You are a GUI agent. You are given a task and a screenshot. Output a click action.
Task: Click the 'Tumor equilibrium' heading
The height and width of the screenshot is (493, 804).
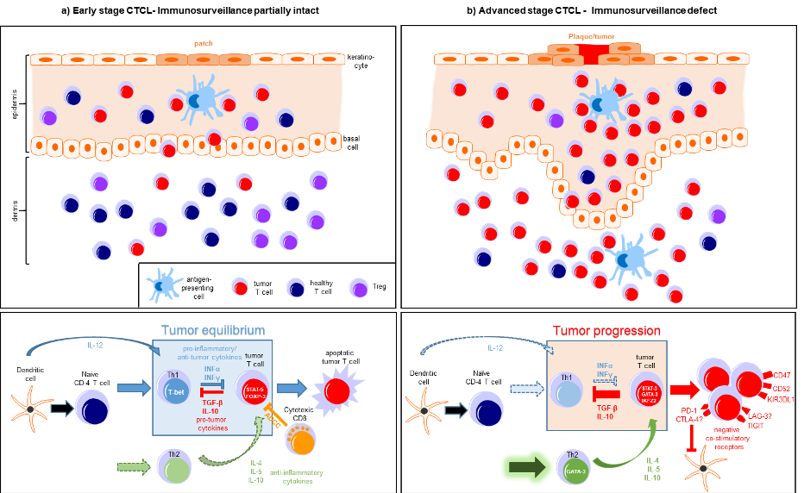[x=213, y=331]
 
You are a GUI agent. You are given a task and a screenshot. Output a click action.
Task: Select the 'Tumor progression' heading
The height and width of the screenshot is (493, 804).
[x=606, y=331]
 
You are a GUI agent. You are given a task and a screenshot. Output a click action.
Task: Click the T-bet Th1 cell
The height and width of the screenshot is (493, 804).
[x=175, y=390]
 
